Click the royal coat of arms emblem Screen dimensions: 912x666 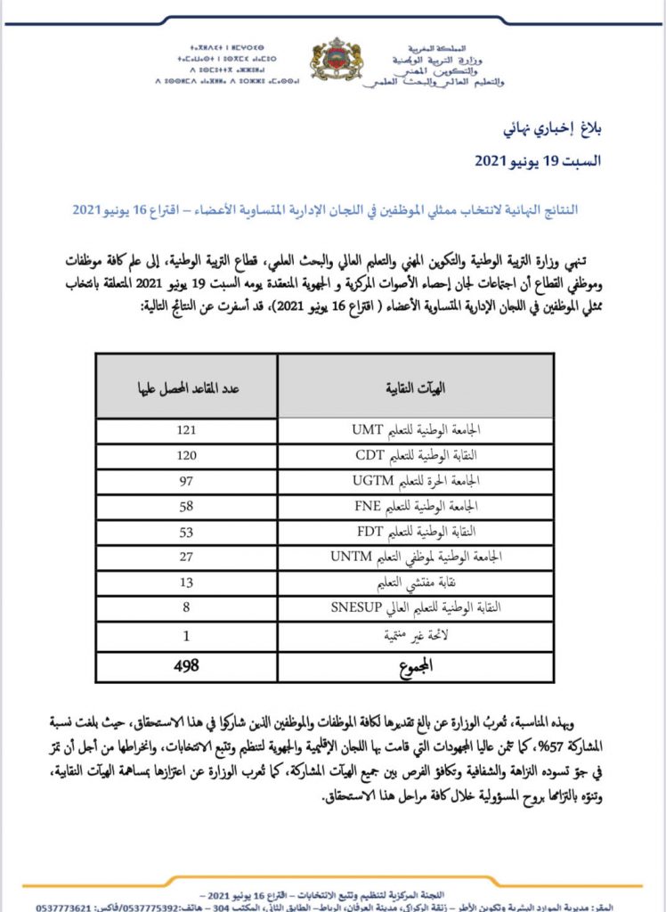click(337, 61)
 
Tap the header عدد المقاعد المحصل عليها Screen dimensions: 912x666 click(187, 388)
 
